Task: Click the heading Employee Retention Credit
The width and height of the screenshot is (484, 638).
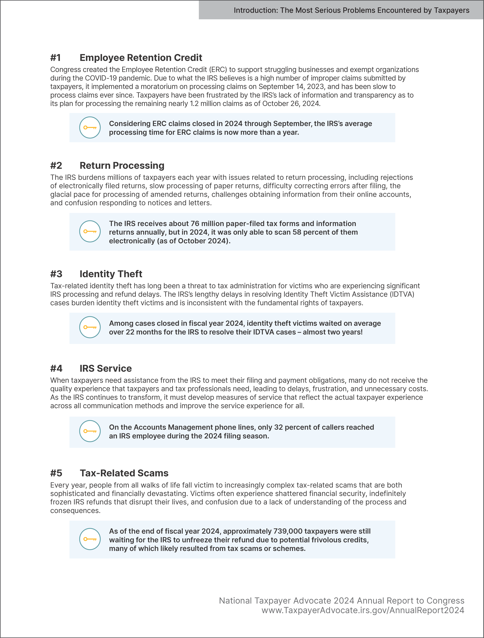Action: [x=141, y=58]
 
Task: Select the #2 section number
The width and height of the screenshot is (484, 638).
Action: [x=56, y=166]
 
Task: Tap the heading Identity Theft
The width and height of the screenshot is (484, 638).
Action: [x=111, y=274]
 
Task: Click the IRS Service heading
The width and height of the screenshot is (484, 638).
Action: [x=106, y=368]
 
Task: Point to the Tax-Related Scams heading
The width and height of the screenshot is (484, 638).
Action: [x=124, y=473]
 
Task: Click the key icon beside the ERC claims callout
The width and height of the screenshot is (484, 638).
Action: [x=90, y=127]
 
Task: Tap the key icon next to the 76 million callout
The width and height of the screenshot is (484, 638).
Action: [x=90, y=231]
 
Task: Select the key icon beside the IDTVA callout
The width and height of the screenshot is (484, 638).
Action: [x=90, y=327]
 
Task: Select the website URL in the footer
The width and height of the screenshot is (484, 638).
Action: [x=363, y=610]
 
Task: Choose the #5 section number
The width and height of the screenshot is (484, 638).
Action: [x=56, y=473]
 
